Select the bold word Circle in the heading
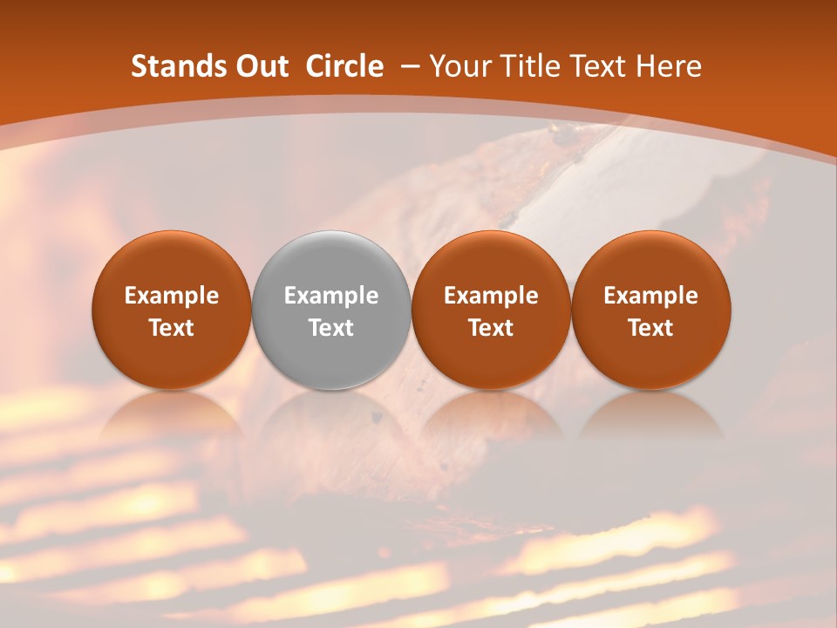point(344,66)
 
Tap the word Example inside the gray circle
point(331,296)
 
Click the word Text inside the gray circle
point(331,328)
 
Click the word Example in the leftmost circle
point(172,296)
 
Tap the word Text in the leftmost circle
point(172,328)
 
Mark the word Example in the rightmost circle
point(651,296)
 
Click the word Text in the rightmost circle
point(651,328)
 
